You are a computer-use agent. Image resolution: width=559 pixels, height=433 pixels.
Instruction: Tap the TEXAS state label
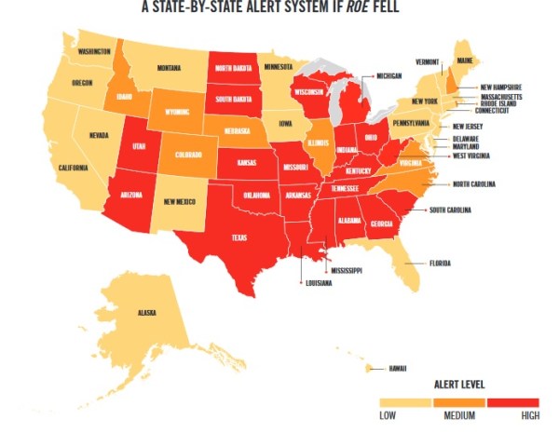tap(240, 238)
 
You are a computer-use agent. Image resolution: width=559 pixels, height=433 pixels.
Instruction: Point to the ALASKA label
tap(146, 313)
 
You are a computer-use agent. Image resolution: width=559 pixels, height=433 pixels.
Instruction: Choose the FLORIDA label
tap(439, 264)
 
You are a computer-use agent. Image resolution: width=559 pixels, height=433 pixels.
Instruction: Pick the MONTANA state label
tap(169, 68)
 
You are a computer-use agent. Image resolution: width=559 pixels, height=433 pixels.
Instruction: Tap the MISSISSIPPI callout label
tap(345, 270)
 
